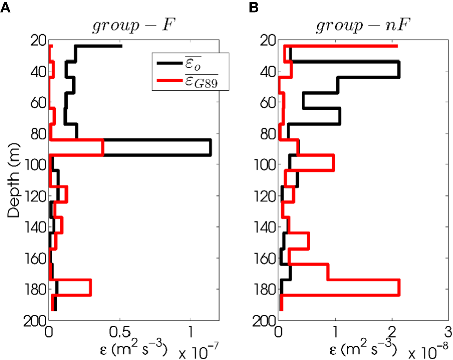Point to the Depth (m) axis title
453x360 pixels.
click(x=14, y=179)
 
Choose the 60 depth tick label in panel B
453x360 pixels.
click(x=267, y=103)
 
